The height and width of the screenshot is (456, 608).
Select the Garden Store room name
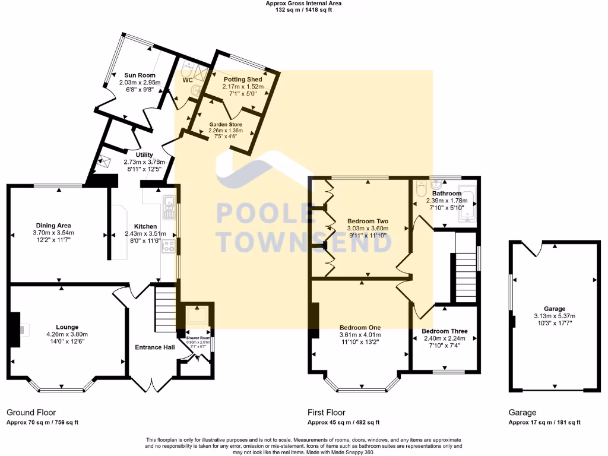pos(225,125)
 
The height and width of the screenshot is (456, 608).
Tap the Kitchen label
pos(145,226)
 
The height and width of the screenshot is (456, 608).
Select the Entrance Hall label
pos(154,347)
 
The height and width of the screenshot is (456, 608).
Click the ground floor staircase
pos(166,309)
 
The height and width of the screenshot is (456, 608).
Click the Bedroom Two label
pos(368,220)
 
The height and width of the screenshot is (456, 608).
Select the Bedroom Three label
pos(445,331)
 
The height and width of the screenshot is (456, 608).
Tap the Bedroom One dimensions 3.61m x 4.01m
pos(360,335)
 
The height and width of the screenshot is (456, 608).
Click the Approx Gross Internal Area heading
pos(303,3)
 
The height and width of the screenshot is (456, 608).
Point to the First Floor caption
pos(326,412)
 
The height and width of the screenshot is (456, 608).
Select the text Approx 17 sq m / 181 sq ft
pos(544,423)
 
